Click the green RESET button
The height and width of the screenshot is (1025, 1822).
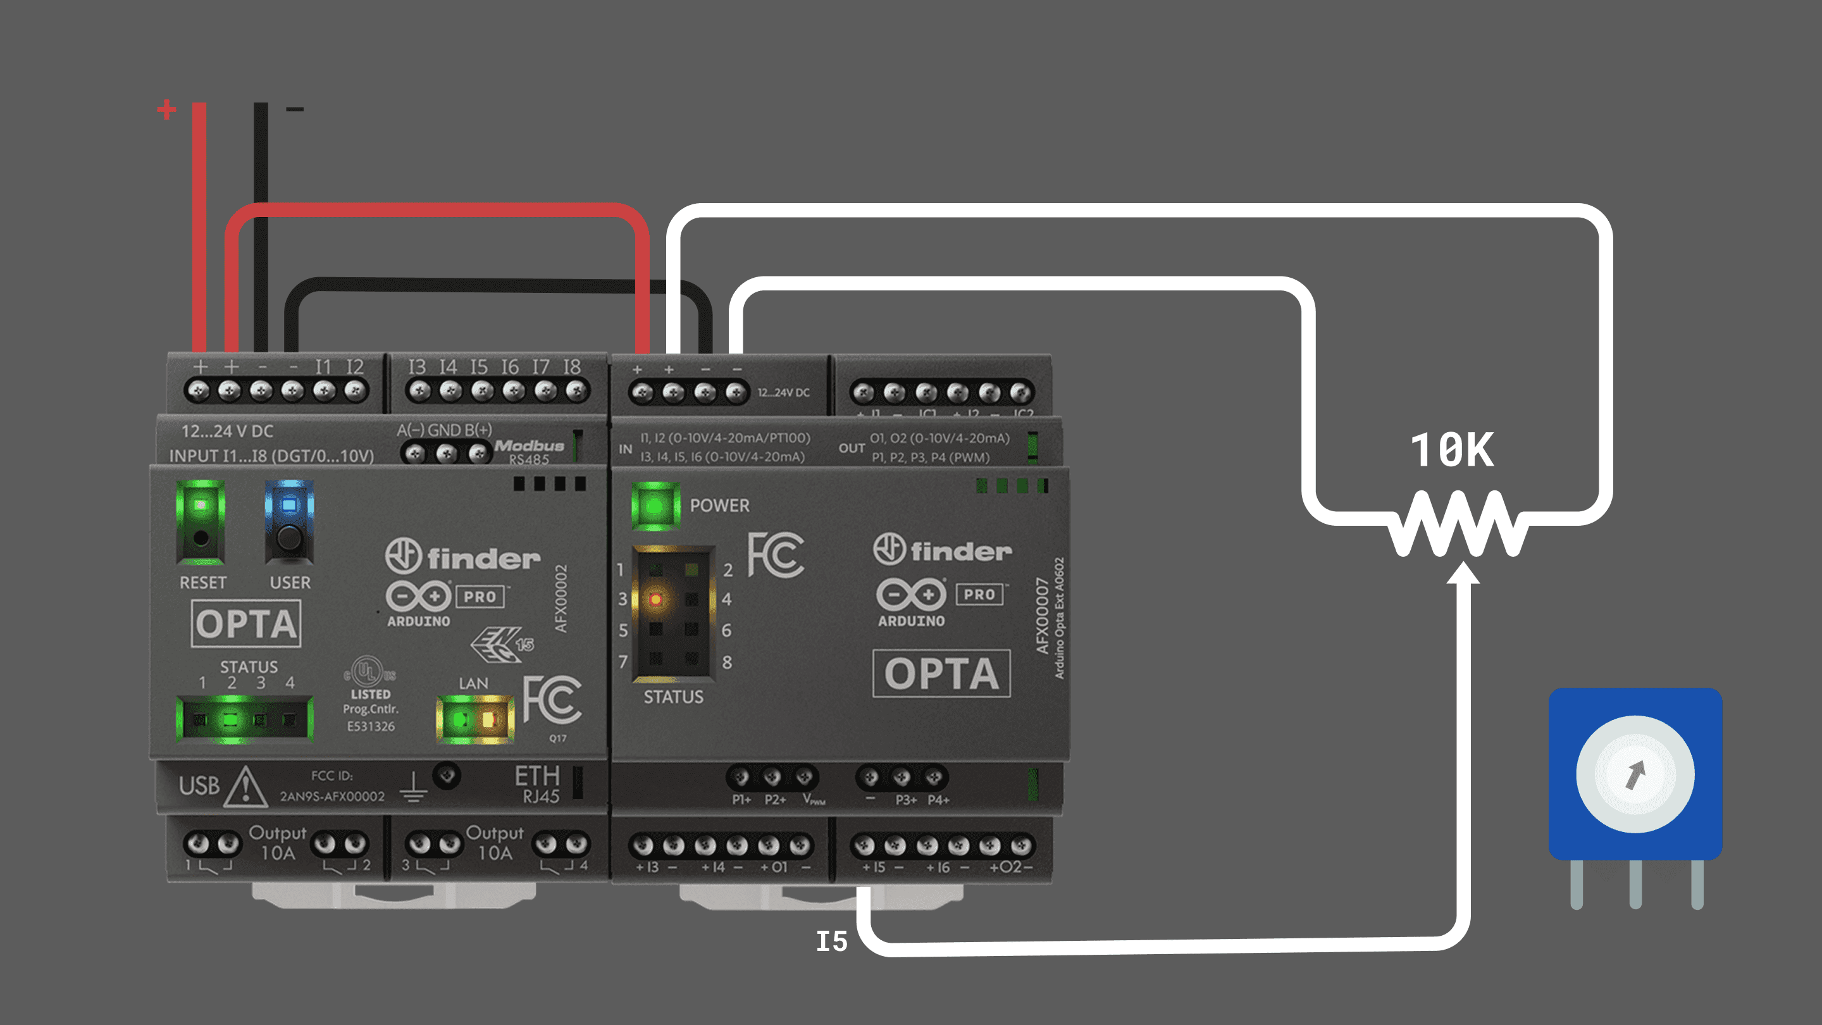pos(201,522)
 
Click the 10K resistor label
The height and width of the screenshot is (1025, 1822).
pos(1452,450)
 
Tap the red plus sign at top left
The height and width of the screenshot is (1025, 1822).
pos(167,109)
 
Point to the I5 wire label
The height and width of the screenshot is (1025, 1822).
pos(832,941)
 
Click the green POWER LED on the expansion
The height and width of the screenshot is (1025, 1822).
pos(655,506)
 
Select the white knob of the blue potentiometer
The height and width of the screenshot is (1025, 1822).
pos(1635,774)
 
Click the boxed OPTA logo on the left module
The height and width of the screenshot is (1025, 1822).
pos(246,624)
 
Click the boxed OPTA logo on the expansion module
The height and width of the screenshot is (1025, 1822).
pos(941,673)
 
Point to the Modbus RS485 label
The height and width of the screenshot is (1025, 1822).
pos(530,451)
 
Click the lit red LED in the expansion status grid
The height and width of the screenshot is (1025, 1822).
pos(655,600)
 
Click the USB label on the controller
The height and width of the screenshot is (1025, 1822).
pos(199,786)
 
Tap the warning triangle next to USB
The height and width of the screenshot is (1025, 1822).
pos(245,787)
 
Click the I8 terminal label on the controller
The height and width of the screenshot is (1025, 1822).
pos(572,366)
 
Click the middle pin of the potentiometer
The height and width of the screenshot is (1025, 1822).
pos(1635,885)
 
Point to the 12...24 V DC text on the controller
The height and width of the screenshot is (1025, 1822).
pos(227,432)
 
